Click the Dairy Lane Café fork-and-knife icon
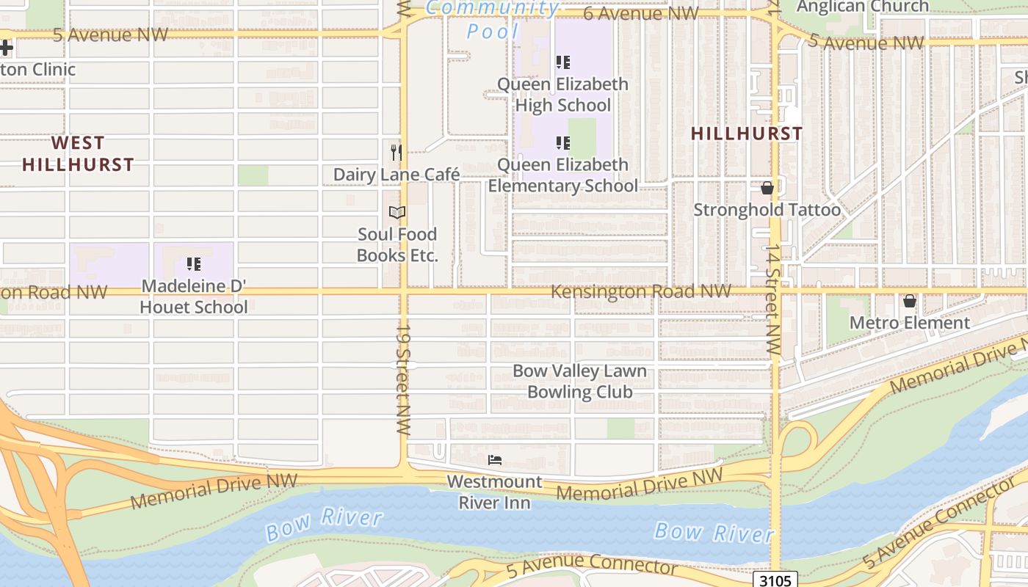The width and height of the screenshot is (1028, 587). pos(397,152)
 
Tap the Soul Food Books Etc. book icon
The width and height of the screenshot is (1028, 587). pos(397,212)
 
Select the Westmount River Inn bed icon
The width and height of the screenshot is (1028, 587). pos(495,460)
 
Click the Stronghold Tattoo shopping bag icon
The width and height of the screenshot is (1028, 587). pos(767,188)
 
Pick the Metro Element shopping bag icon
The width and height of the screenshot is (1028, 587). pos(910,301)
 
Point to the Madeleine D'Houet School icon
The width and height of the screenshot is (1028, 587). pos(193,263)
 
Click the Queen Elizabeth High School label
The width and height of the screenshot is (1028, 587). pos(562,95)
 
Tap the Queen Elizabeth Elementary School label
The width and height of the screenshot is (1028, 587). pos(562,175)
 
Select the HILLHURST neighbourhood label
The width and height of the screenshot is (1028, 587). pos(747,134)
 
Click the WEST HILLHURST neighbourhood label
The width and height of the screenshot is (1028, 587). pos(78,153)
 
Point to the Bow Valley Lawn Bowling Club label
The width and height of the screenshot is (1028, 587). pos(579,382)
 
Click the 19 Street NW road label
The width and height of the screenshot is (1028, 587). pos(404,380)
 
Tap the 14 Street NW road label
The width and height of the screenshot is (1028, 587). pos(772,301)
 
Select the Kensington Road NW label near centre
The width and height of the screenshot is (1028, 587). pos(640,291)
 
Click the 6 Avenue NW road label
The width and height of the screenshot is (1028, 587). pos(640,13)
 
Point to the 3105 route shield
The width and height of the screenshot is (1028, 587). pos(775,580)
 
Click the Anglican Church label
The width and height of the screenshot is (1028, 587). pos(863,7)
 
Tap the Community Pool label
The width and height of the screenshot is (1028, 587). pos(493,19)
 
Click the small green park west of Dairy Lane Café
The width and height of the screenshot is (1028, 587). pos(253,175)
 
